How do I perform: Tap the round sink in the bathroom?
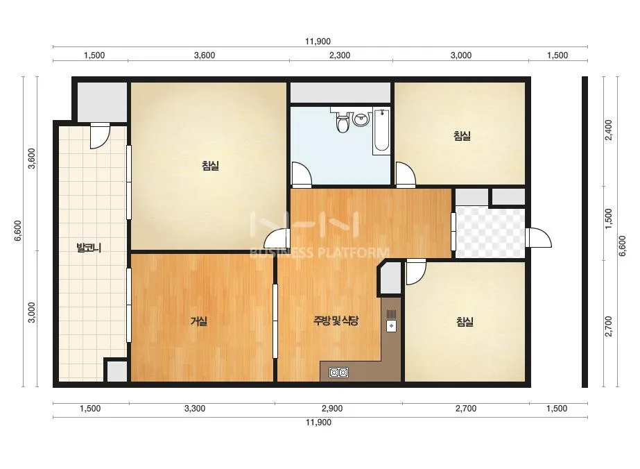click(361, 119)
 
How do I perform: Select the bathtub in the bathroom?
click(381, 130)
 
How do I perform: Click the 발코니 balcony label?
click(89, 248)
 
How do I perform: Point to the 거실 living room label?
click(199, 321)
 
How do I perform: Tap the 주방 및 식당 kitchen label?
click(336, 321)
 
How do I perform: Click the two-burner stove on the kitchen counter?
click(339, 372)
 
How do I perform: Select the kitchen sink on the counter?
click(391, 321)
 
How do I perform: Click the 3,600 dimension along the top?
click(205, 56)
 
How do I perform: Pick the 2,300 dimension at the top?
click(340, 56)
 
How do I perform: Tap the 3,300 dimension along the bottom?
click(195, 409)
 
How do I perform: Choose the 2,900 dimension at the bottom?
click(332, 409)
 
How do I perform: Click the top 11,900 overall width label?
click(318, 41)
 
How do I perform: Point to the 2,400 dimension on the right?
click(609, 130)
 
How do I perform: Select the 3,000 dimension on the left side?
click(31, 312)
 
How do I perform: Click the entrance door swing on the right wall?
click(538, 237)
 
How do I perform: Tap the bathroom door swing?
click(302, 173)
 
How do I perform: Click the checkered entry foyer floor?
click(490, 232)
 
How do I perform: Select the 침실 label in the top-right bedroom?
click(462, 135)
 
